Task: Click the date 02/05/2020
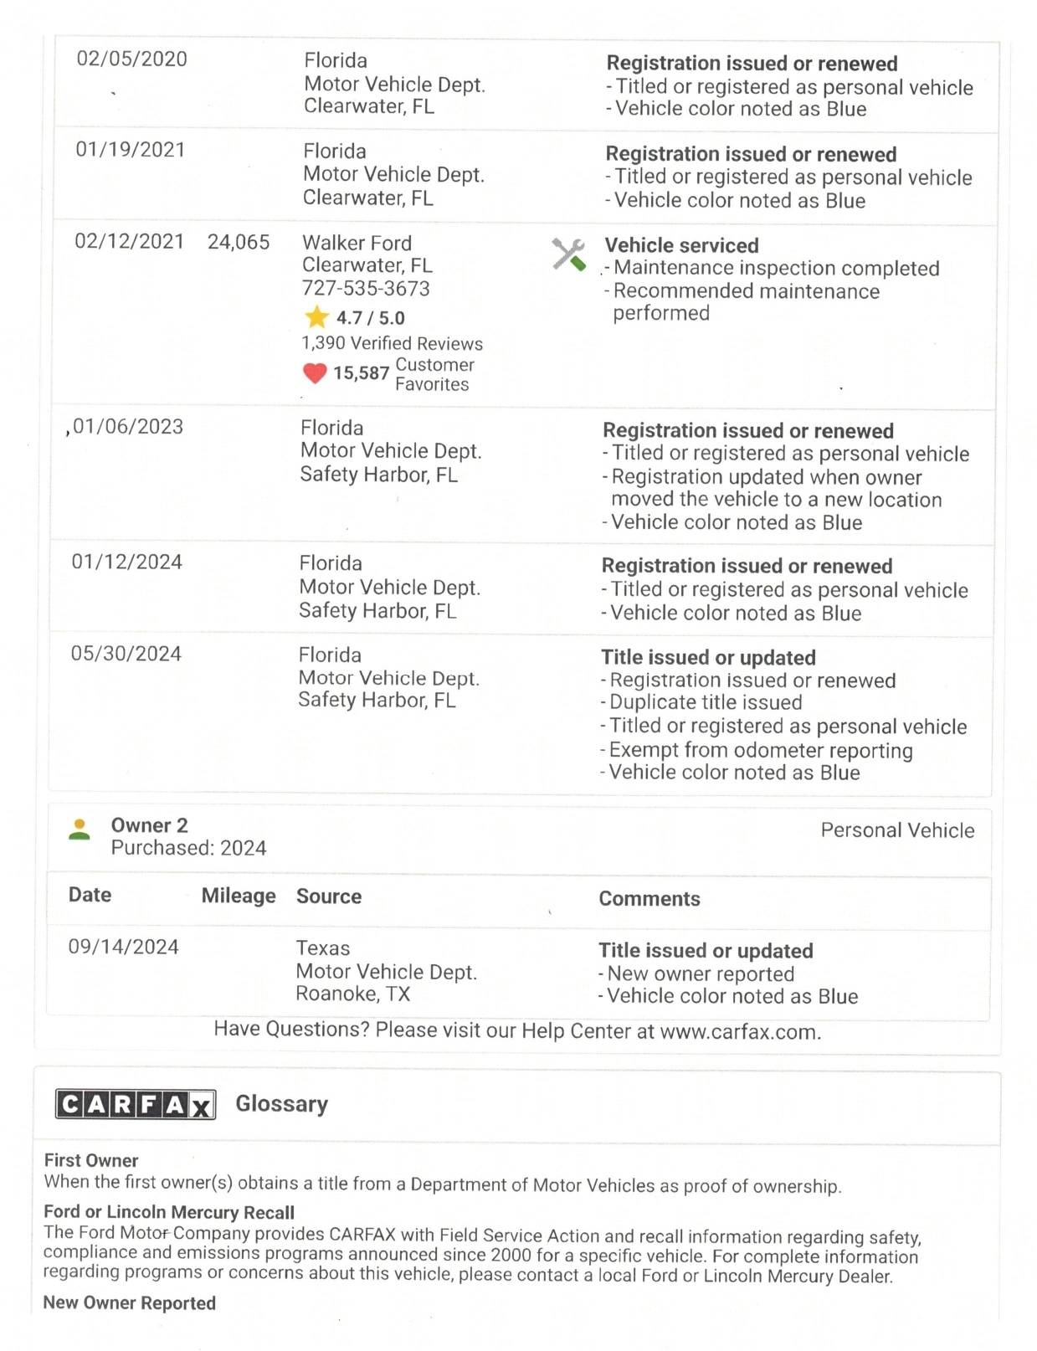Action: [x=131, y=59]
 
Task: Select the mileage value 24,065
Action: [x=239, y=243]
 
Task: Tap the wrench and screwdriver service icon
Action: [x=568, y=254]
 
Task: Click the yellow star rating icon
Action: [x=316, y=317]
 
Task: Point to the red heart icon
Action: [x=315, y=373]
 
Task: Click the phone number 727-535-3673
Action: [x=366, y=289]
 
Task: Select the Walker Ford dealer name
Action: [x=357, y=243]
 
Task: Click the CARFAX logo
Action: [x=136, y=1104]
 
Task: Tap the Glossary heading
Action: [x=281, y=1103]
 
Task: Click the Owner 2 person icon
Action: [x=80, y=830]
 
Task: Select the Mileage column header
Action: [x=239, y=896]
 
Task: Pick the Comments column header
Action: [x=649, y=898]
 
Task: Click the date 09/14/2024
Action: [x=123, y=947]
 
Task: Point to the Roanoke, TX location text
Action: [x=352, y=994]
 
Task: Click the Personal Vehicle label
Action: [x=897, y=830]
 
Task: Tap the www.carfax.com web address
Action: [x=739, y=1031]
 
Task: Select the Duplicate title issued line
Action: [x=705, y=702]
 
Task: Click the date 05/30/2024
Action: [x=126, y=654]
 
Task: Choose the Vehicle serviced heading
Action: [x=681, y=245]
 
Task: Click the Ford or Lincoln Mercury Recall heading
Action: [x=169, y=1212]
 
